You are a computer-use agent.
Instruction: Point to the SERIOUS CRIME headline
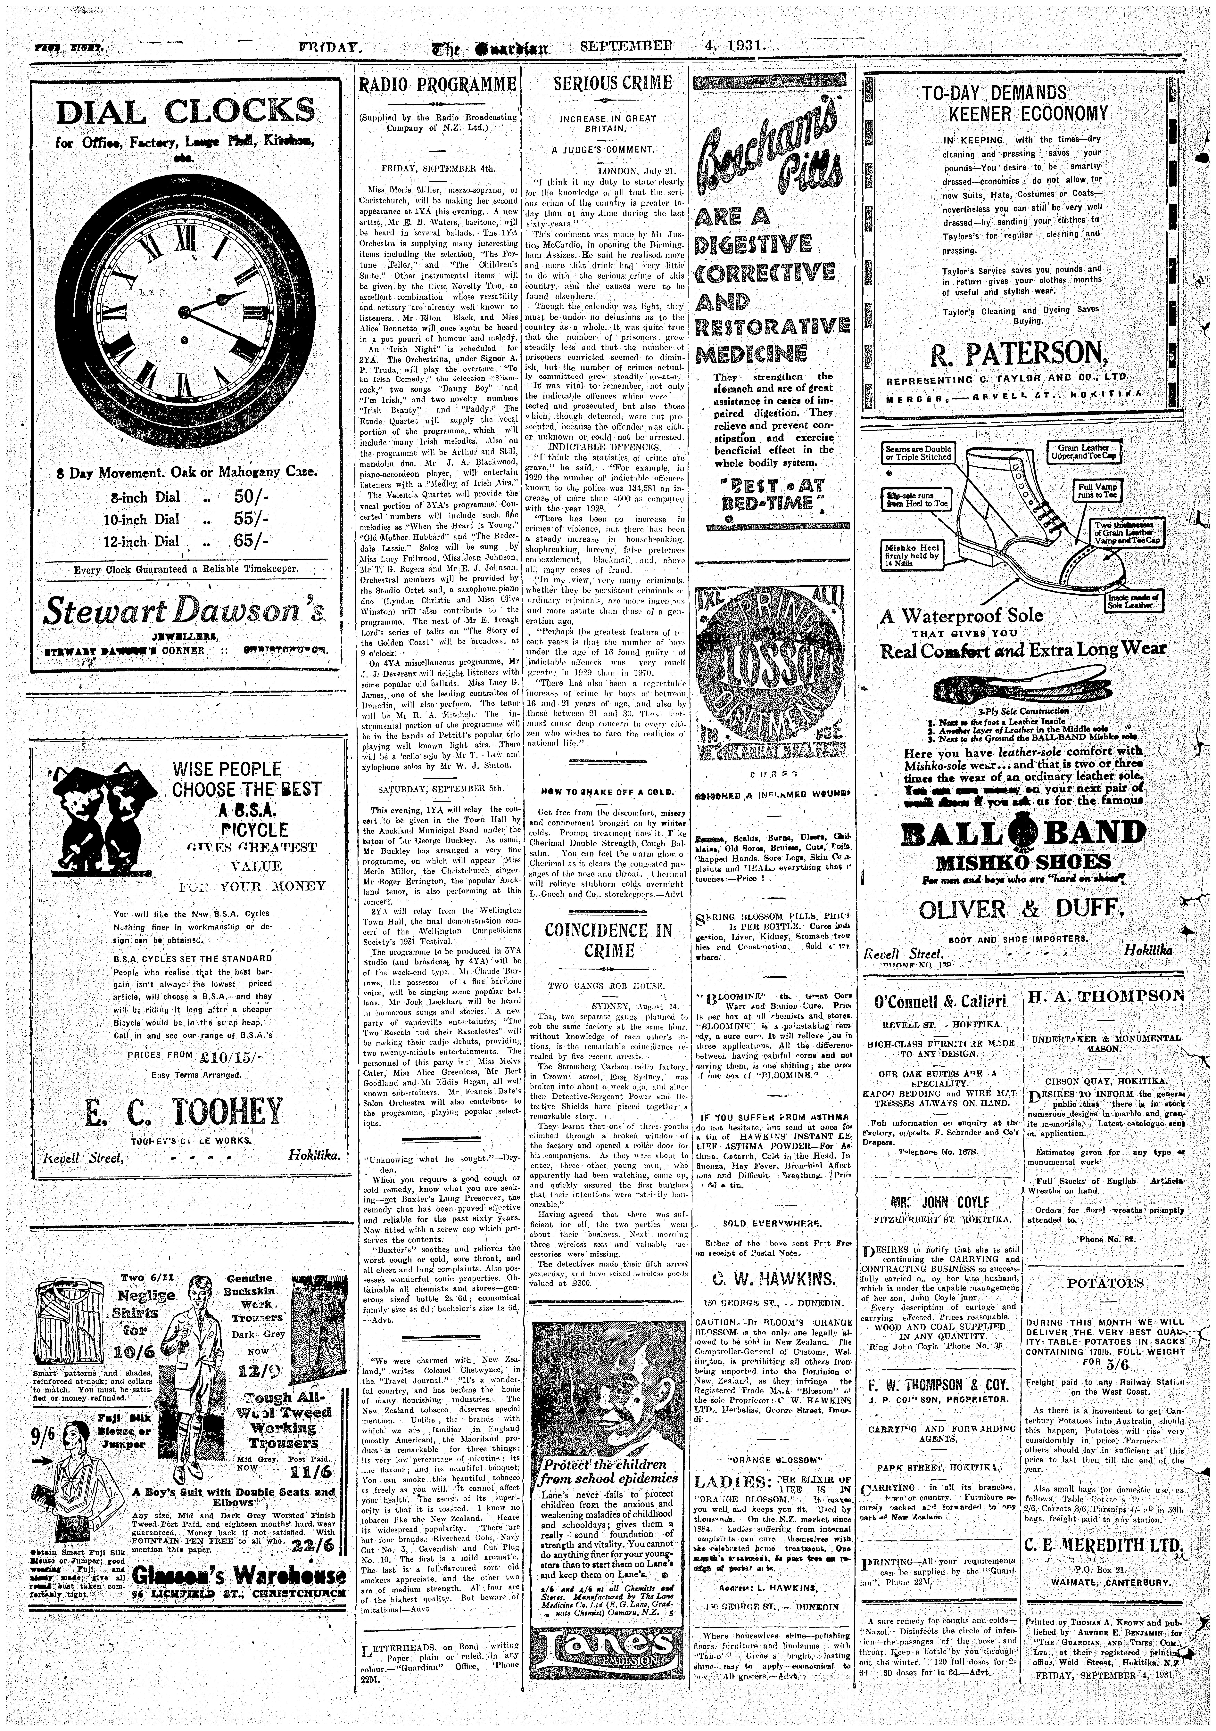point(612,83)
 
